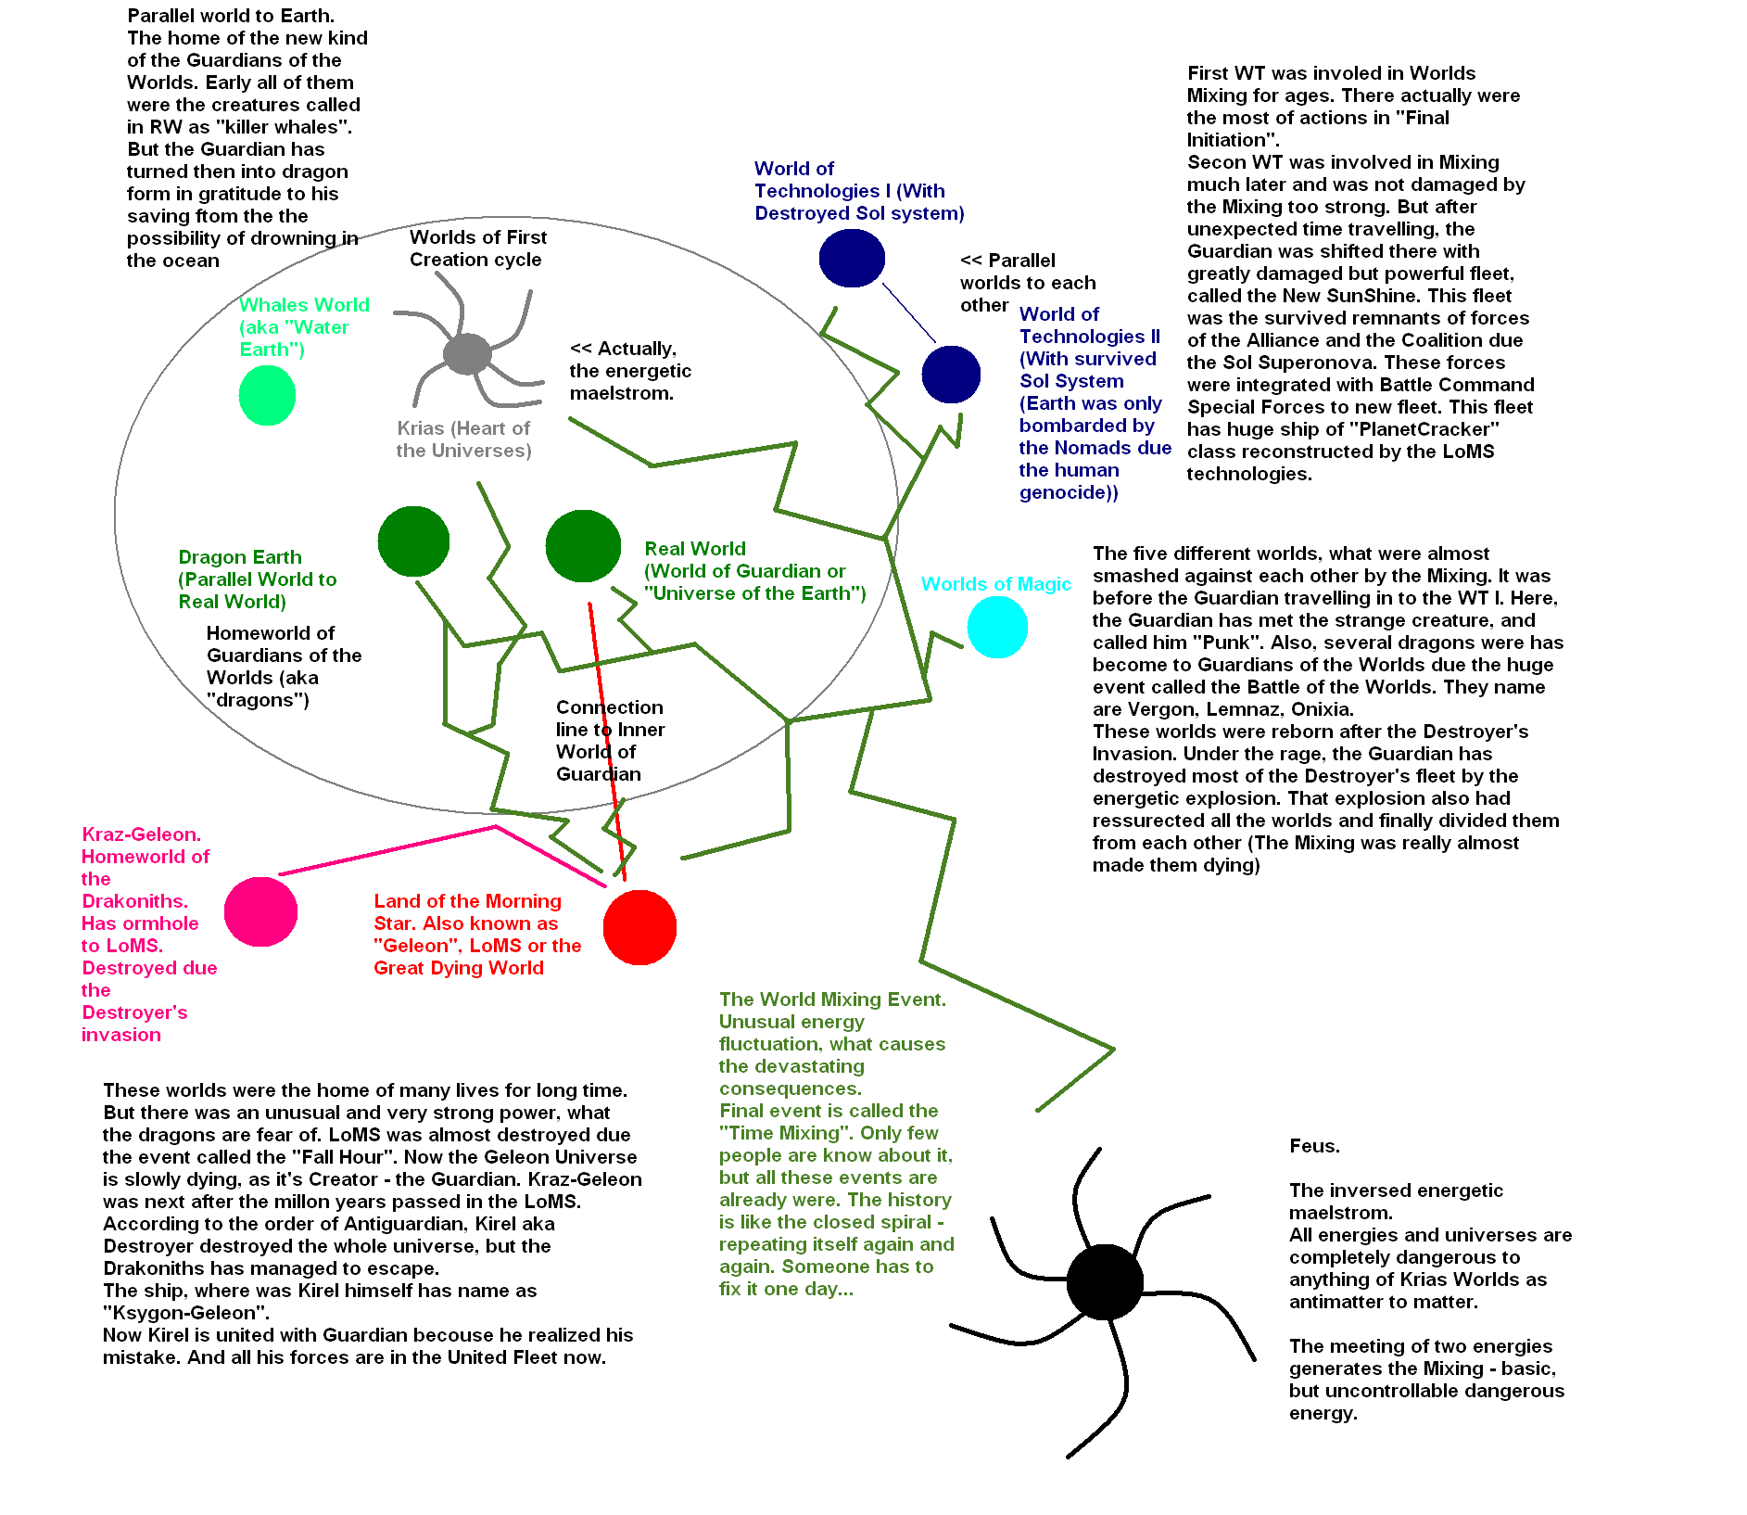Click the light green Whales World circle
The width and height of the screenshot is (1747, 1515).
pos(267,395)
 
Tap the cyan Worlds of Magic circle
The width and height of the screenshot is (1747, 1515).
pos(997,627)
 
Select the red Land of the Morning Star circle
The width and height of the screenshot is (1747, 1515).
pos(639,927)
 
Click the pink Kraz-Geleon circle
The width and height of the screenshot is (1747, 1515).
pos(260,911)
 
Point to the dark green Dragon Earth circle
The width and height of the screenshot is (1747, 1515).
pos(413,541)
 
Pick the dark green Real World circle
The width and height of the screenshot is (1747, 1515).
pos(583,546)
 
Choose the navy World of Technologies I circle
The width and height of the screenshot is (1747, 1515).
pos(852,258)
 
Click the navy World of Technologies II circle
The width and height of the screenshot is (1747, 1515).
pos(951,375)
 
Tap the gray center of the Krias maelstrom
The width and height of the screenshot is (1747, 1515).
pos(467,353)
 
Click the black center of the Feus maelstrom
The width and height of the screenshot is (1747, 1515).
pos(1104,1282)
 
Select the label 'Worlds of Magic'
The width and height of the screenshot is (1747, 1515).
pos(995,584)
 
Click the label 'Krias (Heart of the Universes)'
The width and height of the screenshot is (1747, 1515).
pos(463,439)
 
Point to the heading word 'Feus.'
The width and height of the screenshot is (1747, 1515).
pos(1314,1146)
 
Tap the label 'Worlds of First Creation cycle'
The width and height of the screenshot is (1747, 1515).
pos(478,248)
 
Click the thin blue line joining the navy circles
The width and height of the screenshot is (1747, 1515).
pos(908,312)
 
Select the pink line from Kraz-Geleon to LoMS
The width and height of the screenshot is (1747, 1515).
pos(389,849)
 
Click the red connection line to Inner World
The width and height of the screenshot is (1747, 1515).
pos(606,742)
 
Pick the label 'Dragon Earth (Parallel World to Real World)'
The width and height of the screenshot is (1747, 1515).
pos(257,579)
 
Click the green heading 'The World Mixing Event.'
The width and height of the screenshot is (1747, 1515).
pos(832,999)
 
